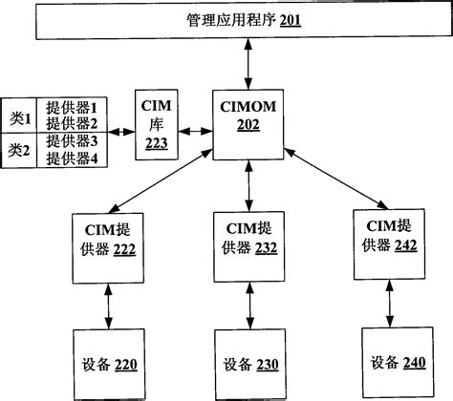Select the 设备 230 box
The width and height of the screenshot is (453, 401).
(x=248, y=364)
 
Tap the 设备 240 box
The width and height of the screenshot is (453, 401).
(x=392, y=362)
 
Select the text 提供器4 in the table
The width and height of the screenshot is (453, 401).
(x=73, y=158)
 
